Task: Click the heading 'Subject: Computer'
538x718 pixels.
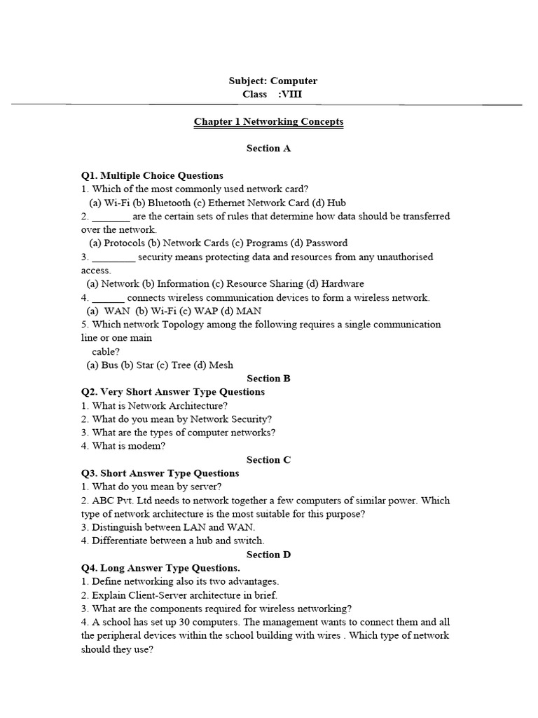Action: tap(268, 81)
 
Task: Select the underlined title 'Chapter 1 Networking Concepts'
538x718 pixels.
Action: tap(268, 122)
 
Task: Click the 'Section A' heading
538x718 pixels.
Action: tap(268, 149)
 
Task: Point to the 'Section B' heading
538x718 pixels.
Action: tap(268, 379)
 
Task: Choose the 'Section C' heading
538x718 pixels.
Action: tap(268, 460)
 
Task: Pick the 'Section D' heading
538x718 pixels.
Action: tap(268, 555)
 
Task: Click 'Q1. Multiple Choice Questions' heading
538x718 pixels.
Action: tap(152, 176)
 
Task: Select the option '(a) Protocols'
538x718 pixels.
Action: tap(116, 243)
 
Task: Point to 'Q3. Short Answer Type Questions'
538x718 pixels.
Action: tap(160, 473)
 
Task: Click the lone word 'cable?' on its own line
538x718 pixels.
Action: tap(106, 351)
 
